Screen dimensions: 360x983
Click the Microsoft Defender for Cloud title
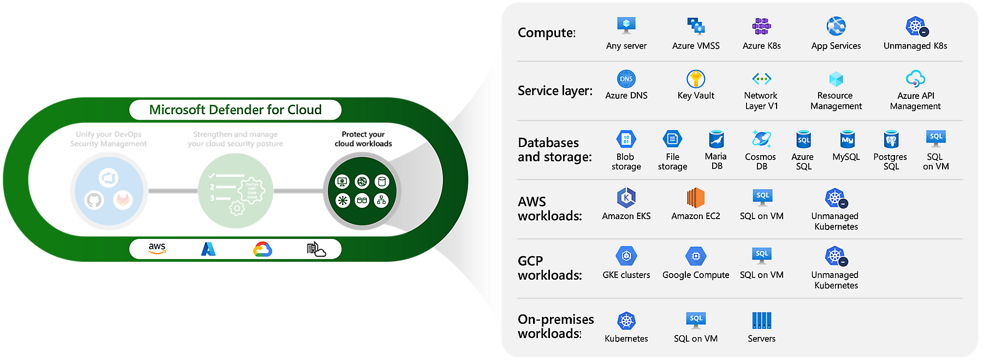coord(235,110)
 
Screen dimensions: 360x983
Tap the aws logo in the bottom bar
coord(157,248)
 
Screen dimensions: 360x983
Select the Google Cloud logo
coord(263,249)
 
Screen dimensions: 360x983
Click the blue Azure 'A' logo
coord(209,249)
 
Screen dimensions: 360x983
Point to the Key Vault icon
coord(696,79)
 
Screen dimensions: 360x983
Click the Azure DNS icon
coord(626,79)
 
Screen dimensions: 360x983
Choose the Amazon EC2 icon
coord(696,197)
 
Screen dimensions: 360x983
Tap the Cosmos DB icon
coord(761,139)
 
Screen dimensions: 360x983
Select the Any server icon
coord(626,25)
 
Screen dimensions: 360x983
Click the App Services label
coord(836,46)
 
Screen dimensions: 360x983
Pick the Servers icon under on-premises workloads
coord(762,321)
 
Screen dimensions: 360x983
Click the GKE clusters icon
coord(626,256)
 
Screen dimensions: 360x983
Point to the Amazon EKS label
coord(626,216)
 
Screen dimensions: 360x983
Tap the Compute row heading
coord(547,33)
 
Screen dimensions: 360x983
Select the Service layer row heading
coord(555,91)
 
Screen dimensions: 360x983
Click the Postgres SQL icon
coord(891,139)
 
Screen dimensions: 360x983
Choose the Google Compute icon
coord(696,256)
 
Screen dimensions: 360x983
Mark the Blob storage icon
coord(626,139)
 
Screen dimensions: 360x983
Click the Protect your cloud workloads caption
coord(363,139)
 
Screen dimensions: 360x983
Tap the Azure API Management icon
coord(915,79)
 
